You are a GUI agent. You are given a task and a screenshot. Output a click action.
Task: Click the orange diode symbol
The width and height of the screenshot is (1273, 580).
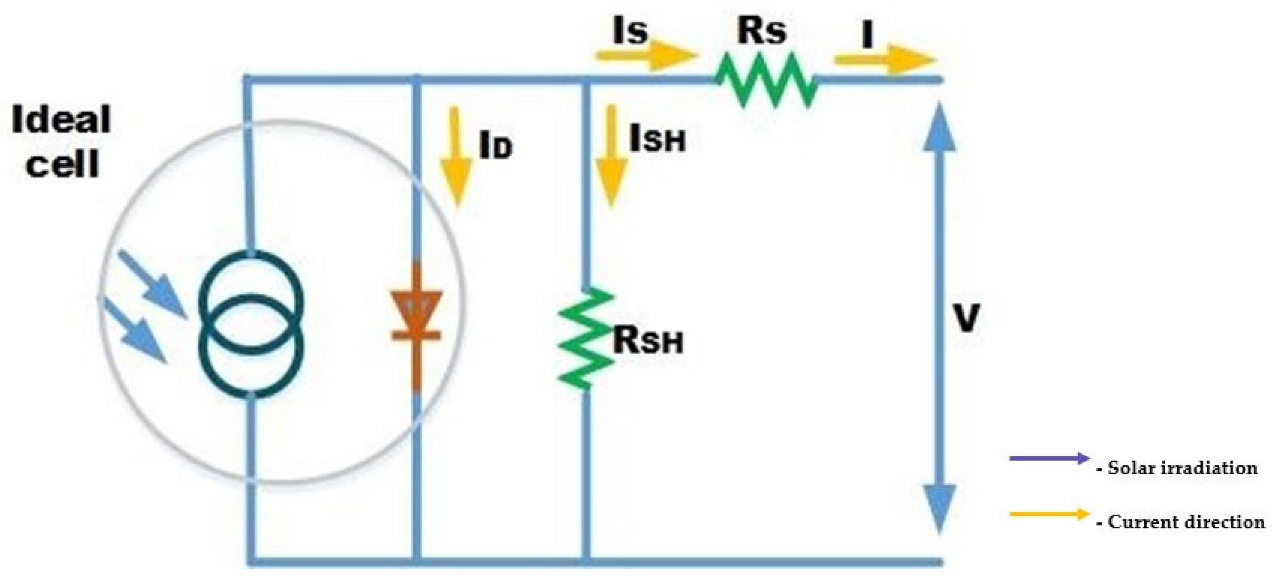click(416, 316)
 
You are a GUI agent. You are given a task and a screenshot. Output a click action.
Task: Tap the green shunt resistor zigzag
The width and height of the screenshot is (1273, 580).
click(585, 339)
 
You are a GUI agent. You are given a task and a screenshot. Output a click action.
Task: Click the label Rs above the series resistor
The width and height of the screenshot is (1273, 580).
click(761, 32)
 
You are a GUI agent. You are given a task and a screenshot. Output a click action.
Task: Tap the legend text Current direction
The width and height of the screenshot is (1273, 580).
click(1186, 522)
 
